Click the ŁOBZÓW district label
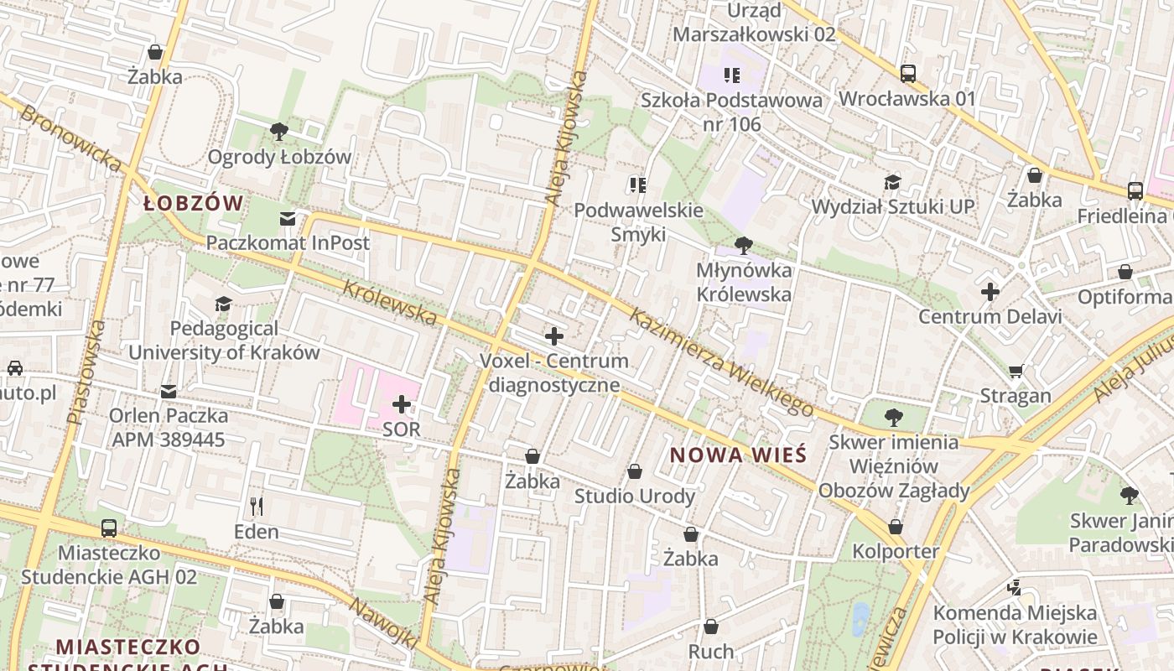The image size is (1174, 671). click(193, 203)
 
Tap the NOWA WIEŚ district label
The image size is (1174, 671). click(739, 455)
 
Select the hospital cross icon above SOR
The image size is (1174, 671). click(402, 405)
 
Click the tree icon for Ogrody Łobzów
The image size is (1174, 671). click(279, 131)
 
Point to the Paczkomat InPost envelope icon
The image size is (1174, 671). click(288, 219)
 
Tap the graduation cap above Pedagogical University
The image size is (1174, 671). click(223, 304)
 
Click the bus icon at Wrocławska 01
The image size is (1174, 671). click(907, 74)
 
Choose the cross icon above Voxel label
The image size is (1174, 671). click(553, 336)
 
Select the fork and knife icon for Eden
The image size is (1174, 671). click(257, 506)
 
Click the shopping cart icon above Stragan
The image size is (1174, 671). click(1016, 371)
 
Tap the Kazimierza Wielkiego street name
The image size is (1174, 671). click(721, 362)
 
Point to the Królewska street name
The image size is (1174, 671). click(390, 302)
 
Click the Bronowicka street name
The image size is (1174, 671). click(70, 138)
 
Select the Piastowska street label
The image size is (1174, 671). click(86, 372)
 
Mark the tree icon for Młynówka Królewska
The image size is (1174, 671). click(743, 246)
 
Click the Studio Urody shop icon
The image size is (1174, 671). click(635, 471)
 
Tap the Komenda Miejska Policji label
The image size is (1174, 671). click(1015, 625)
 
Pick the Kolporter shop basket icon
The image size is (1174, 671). click(896, 527)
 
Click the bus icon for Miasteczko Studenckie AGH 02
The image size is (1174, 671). click(109, 528)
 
